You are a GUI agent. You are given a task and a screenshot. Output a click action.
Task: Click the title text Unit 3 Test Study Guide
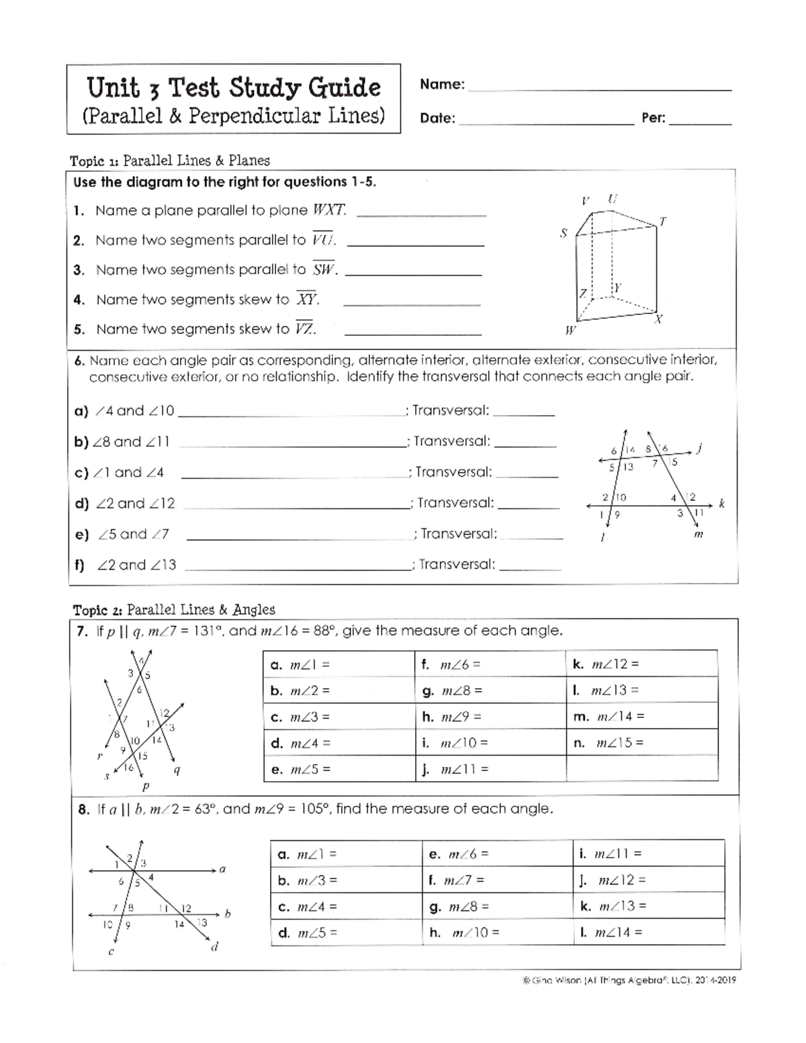pos(233,88)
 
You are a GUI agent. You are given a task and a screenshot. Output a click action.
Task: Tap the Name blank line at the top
pos(598,85)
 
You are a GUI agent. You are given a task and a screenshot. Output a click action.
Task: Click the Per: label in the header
pos(654,118)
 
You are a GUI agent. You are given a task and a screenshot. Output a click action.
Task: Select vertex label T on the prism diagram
pos(663,221)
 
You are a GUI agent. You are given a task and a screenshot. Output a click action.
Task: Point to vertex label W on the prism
pos(570,330)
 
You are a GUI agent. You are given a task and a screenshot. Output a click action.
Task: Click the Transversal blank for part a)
pos(524,412)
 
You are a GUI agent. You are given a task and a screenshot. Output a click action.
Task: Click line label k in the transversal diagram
pos(721,504)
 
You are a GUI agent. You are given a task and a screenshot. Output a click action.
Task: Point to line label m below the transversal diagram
pos(698,535)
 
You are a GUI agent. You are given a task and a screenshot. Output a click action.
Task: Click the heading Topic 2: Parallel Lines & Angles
pos(174,610)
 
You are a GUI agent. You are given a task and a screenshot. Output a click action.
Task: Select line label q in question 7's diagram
pos(177,770)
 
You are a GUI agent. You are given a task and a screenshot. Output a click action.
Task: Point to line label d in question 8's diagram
pos(215,947)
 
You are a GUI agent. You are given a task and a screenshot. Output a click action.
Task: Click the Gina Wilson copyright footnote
pos(629,980)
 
